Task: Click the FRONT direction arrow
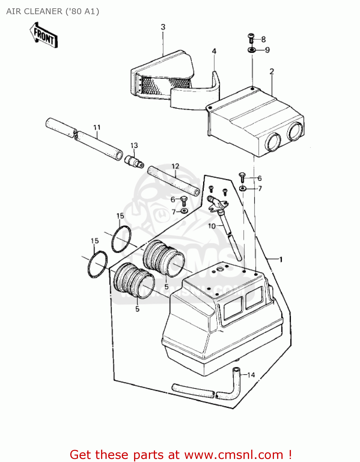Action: coord(44,35)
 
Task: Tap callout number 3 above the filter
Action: coord(163,27)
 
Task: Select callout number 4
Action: coord(214,51)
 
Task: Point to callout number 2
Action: coord(272,71)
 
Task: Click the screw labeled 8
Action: coord(251,38)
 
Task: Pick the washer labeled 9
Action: coord(252,50)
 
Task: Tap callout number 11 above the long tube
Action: coord(97,127)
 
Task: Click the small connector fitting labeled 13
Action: coord(134,161)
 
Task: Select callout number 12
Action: coord(175,166)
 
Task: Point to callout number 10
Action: coord(211,226)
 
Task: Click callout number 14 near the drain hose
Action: coord(251,375)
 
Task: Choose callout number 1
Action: coord(281,260)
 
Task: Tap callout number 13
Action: coord(134,145)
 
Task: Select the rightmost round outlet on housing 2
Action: coord(295,131)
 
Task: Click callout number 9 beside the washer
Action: coord(267,50)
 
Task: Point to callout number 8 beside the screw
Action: coord(263,39)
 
